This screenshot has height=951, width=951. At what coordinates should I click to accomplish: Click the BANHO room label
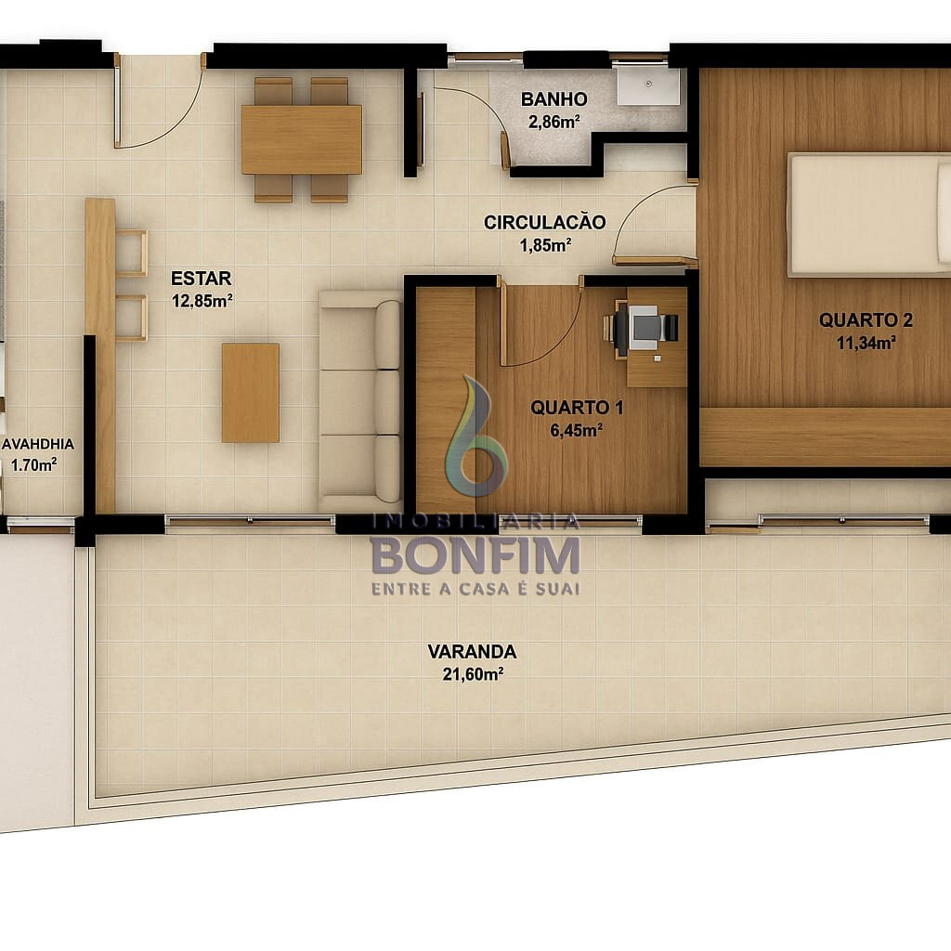[554, 98]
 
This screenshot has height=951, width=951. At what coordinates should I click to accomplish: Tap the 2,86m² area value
[554, 122]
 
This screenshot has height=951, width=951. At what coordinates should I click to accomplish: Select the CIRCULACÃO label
[544, 222]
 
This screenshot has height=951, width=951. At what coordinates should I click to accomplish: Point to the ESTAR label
[201, 279]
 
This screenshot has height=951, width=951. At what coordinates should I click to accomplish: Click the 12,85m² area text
[202, 301]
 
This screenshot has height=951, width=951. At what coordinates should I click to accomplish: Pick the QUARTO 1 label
[577, 408]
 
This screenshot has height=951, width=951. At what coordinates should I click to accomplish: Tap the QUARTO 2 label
[866, 320]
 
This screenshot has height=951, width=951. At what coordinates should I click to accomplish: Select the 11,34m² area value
[866, 343]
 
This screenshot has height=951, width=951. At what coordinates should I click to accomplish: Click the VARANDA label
[472, 651]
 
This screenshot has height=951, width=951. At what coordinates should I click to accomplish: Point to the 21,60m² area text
[473, 674]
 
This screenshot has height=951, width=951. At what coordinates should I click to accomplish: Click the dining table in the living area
[302, 139]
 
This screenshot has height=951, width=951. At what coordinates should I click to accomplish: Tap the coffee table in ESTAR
[251, 393]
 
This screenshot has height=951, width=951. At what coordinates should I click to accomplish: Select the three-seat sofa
[360, 400]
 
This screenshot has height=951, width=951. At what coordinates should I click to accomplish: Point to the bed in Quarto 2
[868, 215]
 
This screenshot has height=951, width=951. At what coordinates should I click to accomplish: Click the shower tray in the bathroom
[648, 86]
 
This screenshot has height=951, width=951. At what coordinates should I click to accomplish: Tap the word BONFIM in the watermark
[475, 554]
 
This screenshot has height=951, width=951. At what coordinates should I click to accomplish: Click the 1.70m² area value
[34, 465]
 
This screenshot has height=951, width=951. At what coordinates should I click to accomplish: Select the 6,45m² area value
[576, 430]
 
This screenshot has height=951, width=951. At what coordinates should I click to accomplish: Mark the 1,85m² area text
[544, 245]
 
